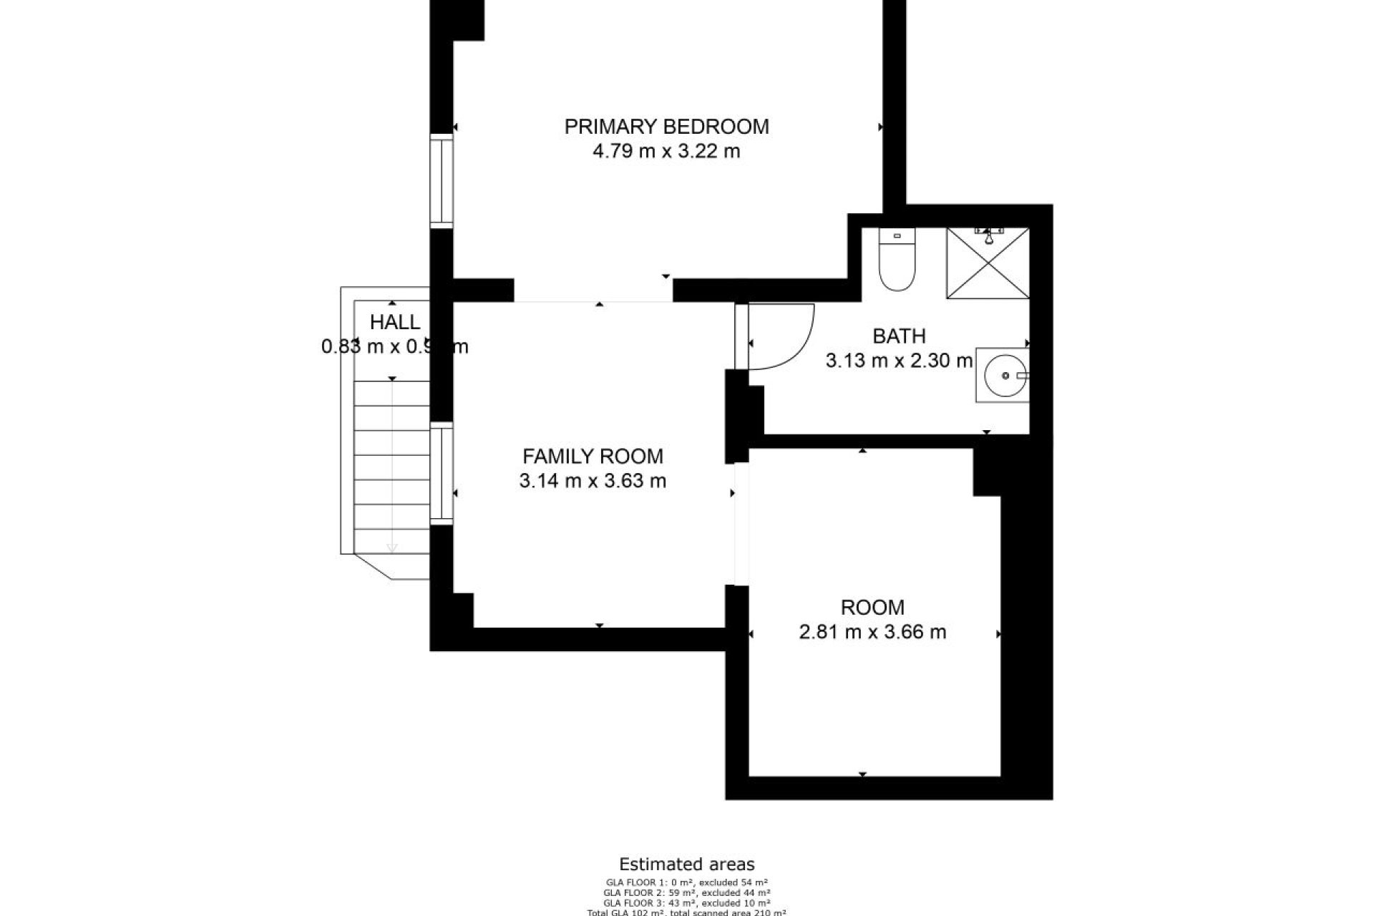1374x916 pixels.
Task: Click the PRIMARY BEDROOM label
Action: tap(666, 127)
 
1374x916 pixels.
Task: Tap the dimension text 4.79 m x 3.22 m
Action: tap(666, 152)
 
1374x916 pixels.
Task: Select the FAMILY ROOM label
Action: tap(593, 457)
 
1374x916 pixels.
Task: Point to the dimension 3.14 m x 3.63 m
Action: tap(593, 481)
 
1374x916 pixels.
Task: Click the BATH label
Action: tap(899, 336)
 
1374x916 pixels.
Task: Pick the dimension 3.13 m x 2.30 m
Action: tap(899, 361)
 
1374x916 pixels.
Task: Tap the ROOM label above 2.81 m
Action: tap(872, 608)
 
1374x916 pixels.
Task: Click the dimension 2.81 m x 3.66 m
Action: tap(872, 633)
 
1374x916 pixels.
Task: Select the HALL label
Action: tap(395, 323)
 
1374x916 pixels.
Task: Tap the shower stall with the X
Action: tap(988, 263)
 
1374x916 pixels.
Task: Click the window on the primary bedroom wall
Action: tap(442, 181)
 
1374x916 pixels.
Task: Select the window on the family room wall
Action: tap(442, 474)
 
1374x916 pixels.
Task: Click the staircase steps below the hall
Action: tap(391, 465)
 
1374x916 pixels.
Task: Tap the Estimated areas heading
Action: tap(686, 864)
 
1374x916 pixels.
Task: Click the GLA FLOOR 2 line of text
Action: tap(686, 892)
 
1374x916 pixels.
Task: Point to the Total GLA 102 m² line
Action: tap(686, 912)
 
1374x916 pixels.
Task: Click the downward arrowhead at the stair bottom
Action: tap(391, 549)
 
